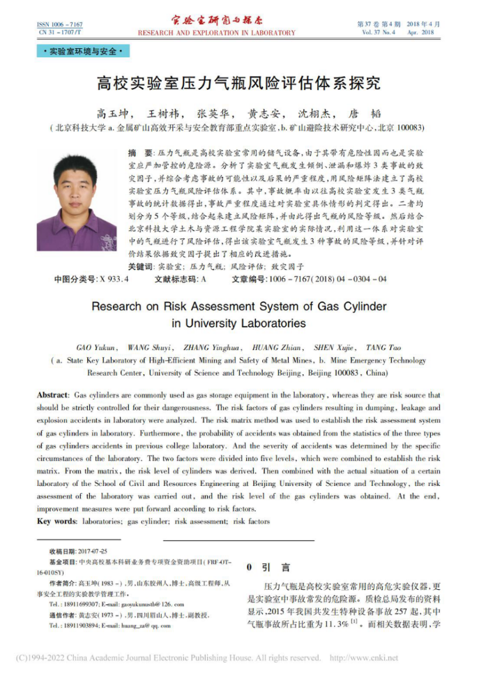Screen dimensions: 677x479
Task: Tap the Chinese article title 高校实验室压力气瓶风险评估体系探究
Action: pos(238,84)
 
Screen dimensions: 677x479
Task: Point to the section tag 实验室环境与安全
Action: pos(83,52)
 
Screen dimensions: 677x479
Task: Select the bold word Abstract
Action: pos(52,395)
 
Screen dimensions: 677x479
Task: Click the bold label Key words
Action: pos(56,521)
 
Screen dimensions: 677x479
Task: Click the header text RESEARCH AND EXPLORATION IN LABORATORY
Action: pos(216,33)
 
